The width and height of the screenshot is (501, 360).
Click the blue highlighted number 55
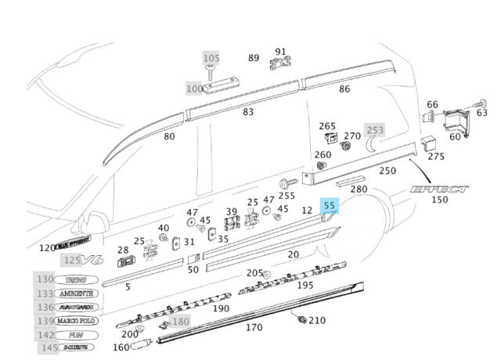pyautogui.click(x=330, y=206)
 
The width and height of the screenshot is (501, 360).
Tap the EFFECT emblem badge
pyautogui.click(x=440, y=189)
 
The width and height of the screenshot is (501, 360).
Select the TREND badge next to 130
pyautogui.click(x=77, y=279)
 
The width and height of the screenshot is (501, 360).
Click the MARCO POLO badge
pyautogui.click(x=77, y=321)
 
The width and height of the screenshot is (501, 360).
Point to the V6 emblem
pyautogui.click(x=93, y=260)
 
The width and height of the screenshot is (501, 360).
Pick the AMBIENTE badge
pyautogui.click(x=77, y=293)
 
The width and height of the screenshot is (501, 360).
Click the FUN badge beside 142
pyautogui.click(x=77, y=334)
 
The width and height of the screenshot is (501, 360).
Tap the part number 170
pyautogui.click(x=254, y=327)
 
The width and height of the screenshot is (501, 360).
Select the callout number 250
pyautogui.click(x=387, y=171)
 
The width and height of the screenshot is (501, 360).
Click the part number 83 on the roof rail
pyautogui.click(x=248, y=112)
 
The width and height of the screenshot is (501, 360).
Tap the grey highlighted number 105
pyautogui.click(x=211, y=59)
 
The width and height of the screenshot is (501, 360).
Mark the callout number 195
pyautogui.click(x=305, y=286)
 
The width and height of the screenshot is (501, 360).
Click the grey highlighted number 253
pyautogui.click(x=376, y=130)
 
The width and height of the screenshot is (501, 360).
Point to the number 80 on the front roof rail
pyautogui.click(x=169, y=136)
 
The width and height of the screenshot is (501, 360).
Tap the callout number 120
pyautogui.click(x=48, y=248)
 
